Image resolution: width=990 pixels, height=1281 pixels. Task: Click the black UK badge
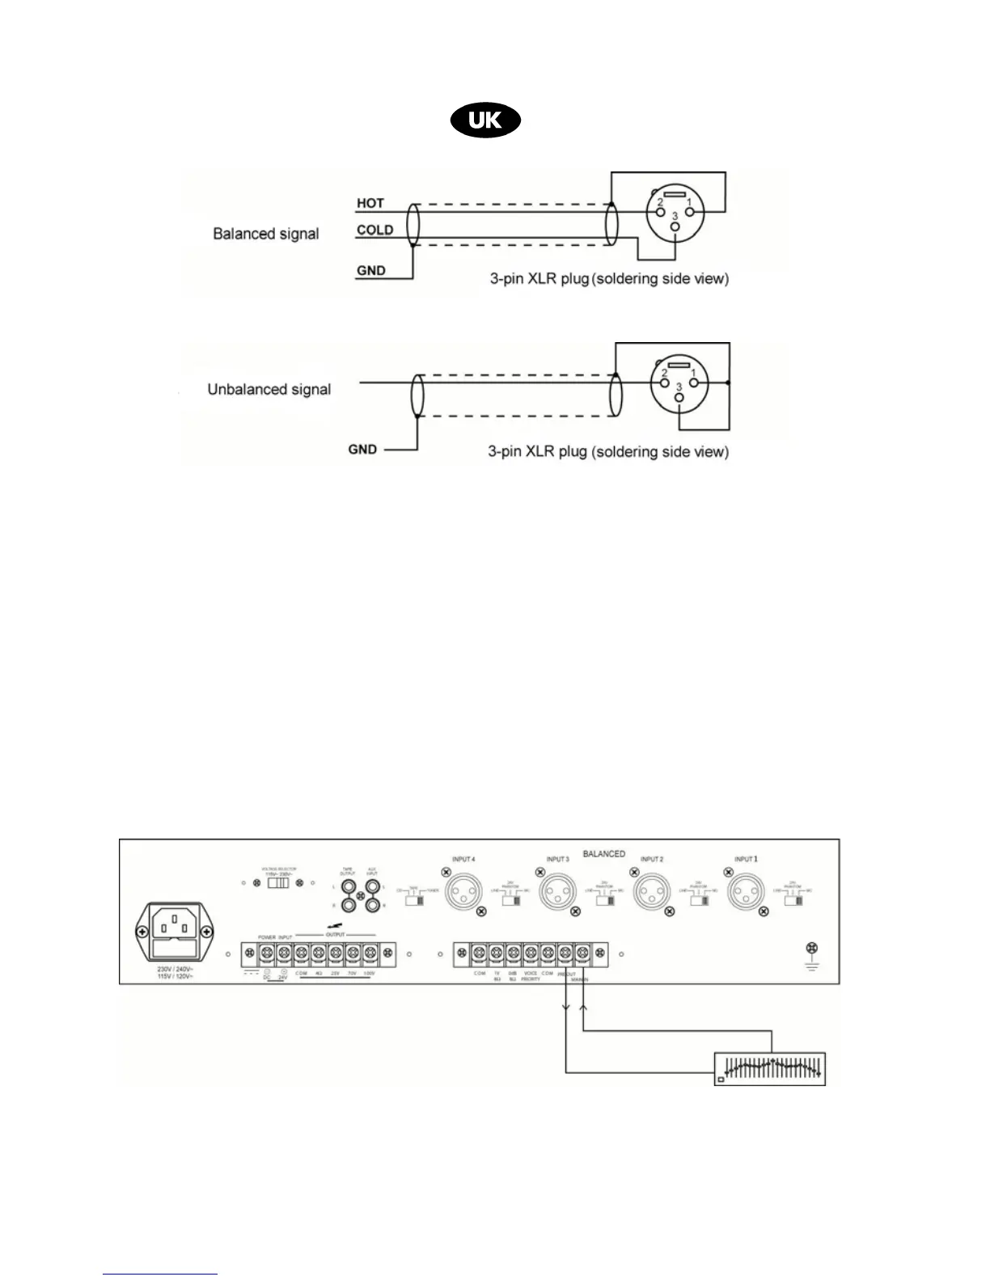coord(485,121)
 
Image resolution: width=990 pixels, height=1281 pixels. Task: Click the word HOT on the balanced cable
coord(370,203)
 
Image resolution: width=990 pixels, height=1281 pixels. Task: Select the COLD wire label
coord(374,230)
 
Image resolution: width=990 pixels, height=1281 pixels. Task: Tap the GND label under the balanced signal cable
coord(371,271)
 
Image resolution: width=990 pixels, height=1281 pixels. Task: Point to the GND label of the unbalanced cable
coord(362,449)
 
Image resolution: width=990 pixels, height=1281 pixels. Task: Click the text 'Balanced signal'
coord(265,234)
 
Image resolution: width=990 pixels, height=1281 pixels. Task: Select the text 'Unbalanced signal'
coord(269,389)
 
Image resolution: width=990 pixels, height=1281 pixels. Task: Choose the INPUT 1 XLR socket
coord(744,894)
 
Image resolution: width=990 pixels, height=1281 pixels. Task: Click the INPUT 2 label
coord(652,859)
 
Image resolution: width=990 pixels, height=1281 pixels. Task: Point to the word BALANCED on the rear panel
coord(603,853)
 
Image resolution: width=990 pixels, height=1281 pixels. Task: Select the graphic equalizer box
coord(770,1067)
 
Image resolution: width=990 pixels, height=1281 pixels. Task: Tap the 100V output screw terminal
coord(370,953)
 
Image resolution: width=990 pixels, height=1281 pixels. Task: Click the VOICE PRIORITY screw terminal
coord(531,954)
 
